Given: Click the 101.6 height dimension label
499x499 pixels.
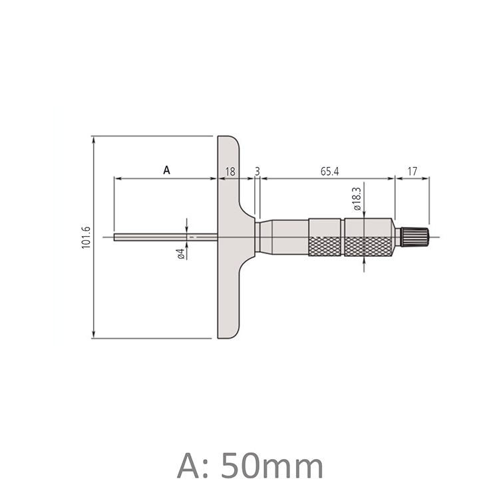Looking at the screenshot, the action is point(86,237).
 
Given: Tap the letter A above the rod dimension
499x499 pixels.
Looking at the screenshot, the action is point(166,170).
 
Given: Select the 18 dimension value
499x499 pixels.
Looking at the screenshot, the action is point(230,172).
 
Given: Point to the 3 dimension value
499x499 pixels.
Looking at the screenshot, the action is point(257,172).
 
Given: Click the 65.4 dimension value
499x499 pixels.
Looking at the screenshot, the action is point(330,172).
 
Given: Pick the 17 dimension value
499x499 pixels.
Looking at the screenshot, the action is point(412,172).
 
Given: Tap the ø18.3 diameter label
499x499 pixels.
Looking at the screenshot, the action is point(357,199).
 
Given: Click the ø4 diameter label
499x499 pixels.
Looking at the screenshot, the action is point(181,253).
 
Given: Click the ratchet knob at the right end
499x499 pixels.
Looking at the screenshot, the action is point(415,237).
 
